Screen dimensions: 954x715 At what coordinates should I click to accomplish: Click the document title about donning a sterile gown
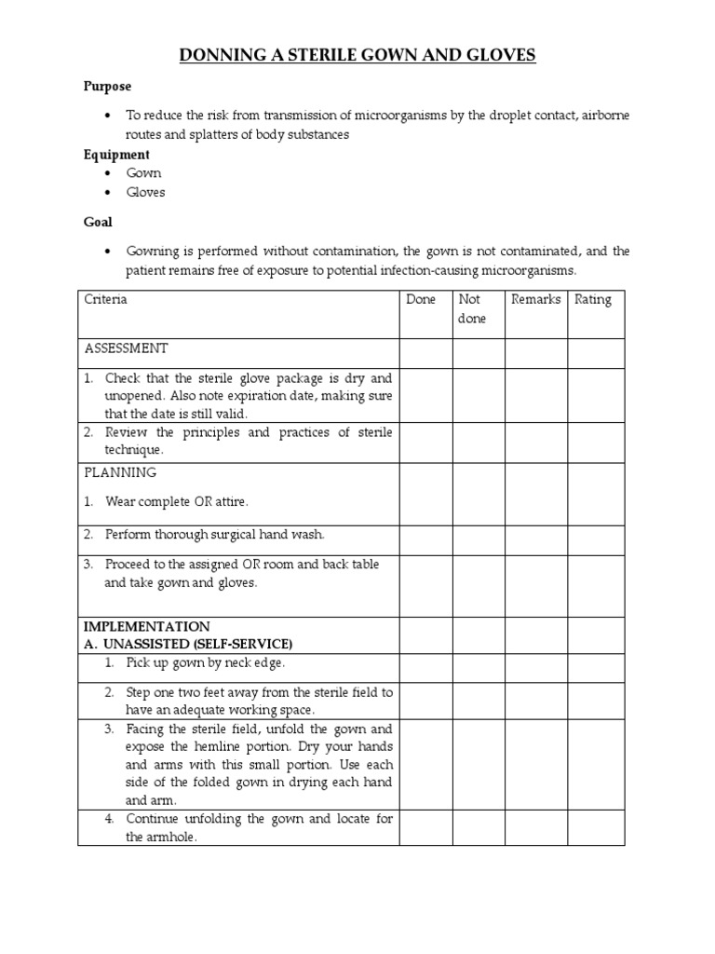[357, 56]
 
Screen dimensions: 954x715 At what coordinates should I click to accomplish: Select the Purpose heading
[108, 87]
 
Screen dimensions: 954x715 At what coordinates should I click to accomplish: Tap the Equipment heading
[116, 155]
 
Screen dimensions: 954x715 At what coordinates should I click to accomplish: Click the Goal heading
[98, 223]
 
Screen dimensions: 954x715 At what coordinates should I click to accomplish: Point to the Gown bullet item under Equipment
[144, 173]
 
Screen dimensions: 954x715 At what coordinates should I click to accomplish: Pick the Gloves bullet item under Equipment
[146, 192]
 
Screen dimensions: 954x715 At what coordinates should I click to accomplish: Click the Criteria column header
[106, 300]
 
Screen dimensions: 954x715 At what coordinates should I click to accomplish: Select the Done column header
[421, 300]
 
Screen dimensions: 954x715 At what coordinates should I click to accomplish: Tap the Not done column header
[472, 309]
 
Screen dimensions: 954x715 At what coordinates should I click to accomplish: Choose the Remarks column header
[535, 300]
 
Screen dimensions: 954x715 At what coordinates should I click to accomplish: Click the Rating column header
[593, 300]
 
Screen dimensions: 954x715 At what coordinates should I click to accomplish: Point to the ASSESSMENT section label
[127, 348]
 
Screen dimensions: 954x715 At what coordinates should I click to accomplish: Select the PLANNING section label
[120, 472]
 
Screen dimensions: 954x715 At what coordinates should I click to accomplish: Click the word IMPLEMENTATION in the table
[147, 626]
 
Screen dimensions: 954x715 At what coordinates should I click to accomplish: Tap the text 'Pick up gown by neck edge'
[206, 662]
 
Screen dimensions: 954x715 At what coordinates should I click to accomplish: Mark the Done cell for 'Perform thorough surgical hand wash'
[425, 539]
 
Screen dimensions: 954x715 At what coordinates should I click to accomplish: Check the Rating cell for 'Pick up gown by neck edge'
[596, 667]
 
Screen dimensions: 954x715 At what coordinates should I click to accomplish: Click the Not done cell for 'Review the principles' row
[479, 442]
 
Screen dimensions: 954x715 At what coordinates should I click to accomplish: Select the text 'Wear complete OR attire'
[177, 501]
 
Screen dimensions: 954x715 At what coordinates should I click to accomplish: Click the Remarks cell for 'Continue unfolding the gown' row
[536, 827]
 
